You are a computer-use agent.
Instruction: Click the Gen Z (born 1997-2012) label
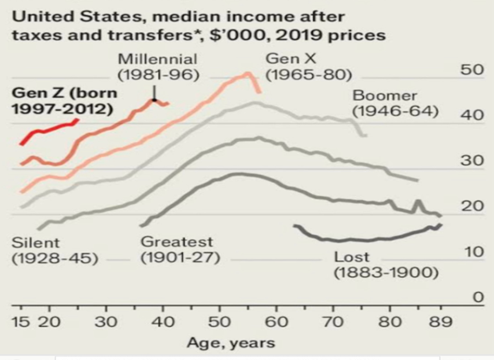coord(64,101)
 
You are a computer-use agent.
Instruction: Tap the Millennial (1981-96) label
coord(158,67)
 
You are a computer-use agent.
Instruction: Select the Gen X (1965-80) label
coord(308,67)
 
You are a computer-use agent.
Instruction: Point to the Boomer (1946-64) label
coord(396,103)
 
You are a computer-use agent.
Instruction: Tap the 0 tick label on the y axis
coord(478,297)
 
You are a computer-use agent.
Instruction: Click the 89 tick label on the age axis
coord(442,322)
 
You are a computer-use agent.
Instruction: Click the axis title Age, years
coord(231,343)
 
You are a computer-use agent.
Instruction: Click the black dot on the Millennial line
coord(154,101)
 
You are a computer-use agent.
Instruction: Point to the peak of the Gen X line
coord(248,74)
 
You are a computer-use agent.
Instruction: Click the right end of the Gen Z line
coord(78,120)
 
